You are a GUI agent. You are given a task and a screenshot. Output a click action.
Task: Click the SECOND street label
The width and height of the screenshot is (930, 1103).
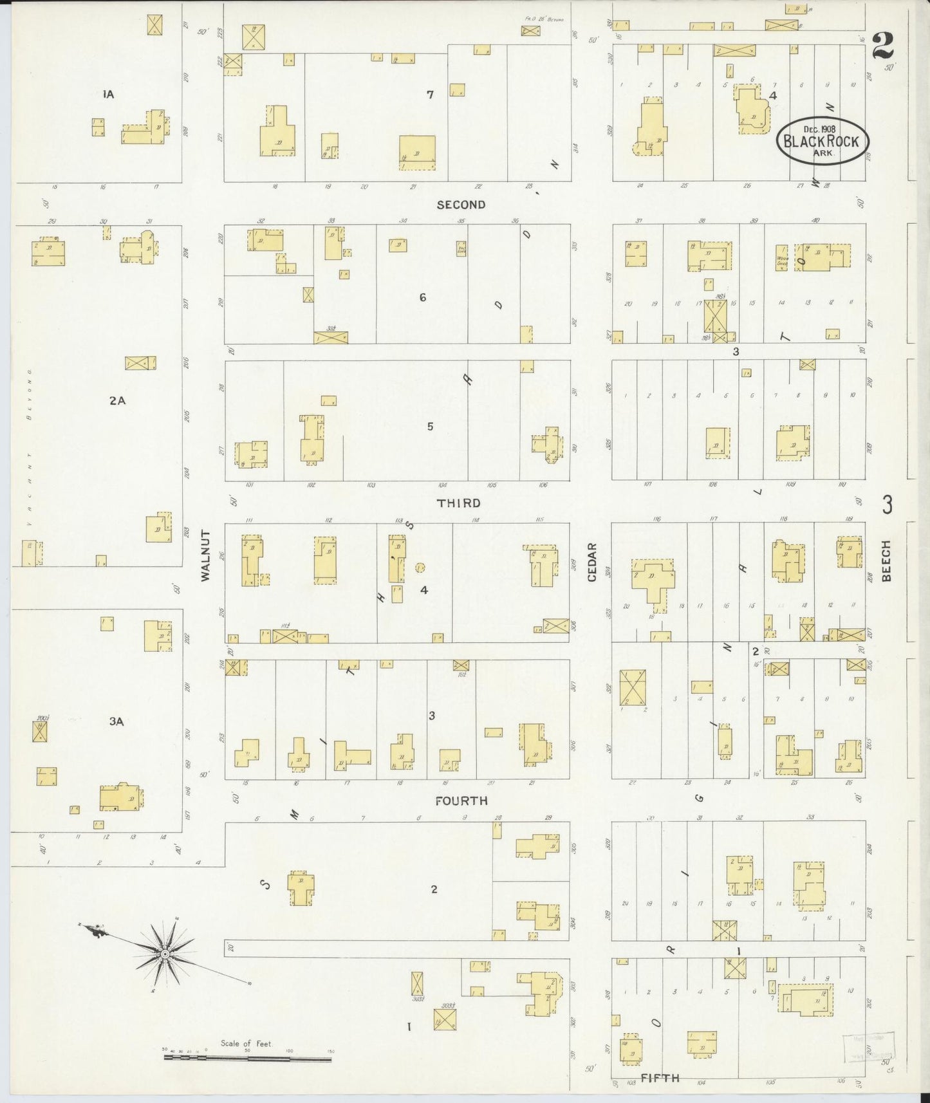[461, 205]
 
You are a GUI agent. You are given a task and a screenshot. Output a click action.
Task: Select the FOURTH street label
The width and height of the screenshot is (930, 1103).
[461, 801]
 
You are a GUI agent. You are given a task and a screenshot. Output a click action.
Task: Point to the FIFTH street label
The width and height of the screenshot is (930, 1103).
[660, 1077]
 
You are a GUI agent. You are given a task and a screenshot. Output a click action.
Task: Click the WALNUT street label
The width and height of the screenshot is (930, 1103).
[206, 556]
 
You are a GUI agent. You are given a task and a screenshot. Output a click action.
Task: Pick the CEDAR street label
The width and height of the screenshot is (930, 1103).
[591, 563]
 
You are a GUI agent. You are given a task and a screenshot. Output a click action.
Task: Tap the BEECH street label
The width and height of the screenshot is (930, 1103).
[886, 561]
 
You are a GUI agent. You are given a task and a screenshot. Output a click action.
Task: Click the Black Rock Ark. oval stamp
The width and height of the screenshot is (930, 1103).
[822, 141]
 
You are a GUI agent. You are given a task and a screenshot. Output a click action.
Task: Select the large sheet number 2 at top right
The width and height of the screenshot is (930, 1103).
[883, 45]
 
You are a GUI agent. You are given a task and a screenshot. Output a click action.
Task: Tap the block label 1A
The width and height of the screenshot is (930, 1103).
[107, 95]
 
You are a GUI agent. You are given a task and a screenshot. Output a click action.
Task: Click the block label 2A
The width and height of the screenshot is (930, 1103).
[116, 400]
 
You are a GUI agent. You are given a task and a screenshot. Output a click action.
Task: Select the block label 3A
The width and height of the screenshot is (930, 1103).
[116, 721]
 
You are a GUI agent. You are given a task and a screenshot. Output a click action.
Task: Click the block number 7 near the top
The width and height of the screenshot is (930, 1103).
[430, 95]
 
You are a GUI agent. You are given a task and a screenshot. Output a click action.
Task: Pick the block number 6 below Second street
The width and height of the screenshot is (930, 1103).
[422, 297]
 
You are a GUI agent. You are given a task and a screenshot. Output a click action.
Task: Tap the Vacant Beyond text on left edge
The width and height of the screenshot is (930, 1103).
[30, 450]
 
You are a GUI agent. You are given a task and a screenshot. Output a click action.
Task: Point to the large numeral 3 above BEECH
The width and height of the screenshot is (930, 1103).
[887, 505]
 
